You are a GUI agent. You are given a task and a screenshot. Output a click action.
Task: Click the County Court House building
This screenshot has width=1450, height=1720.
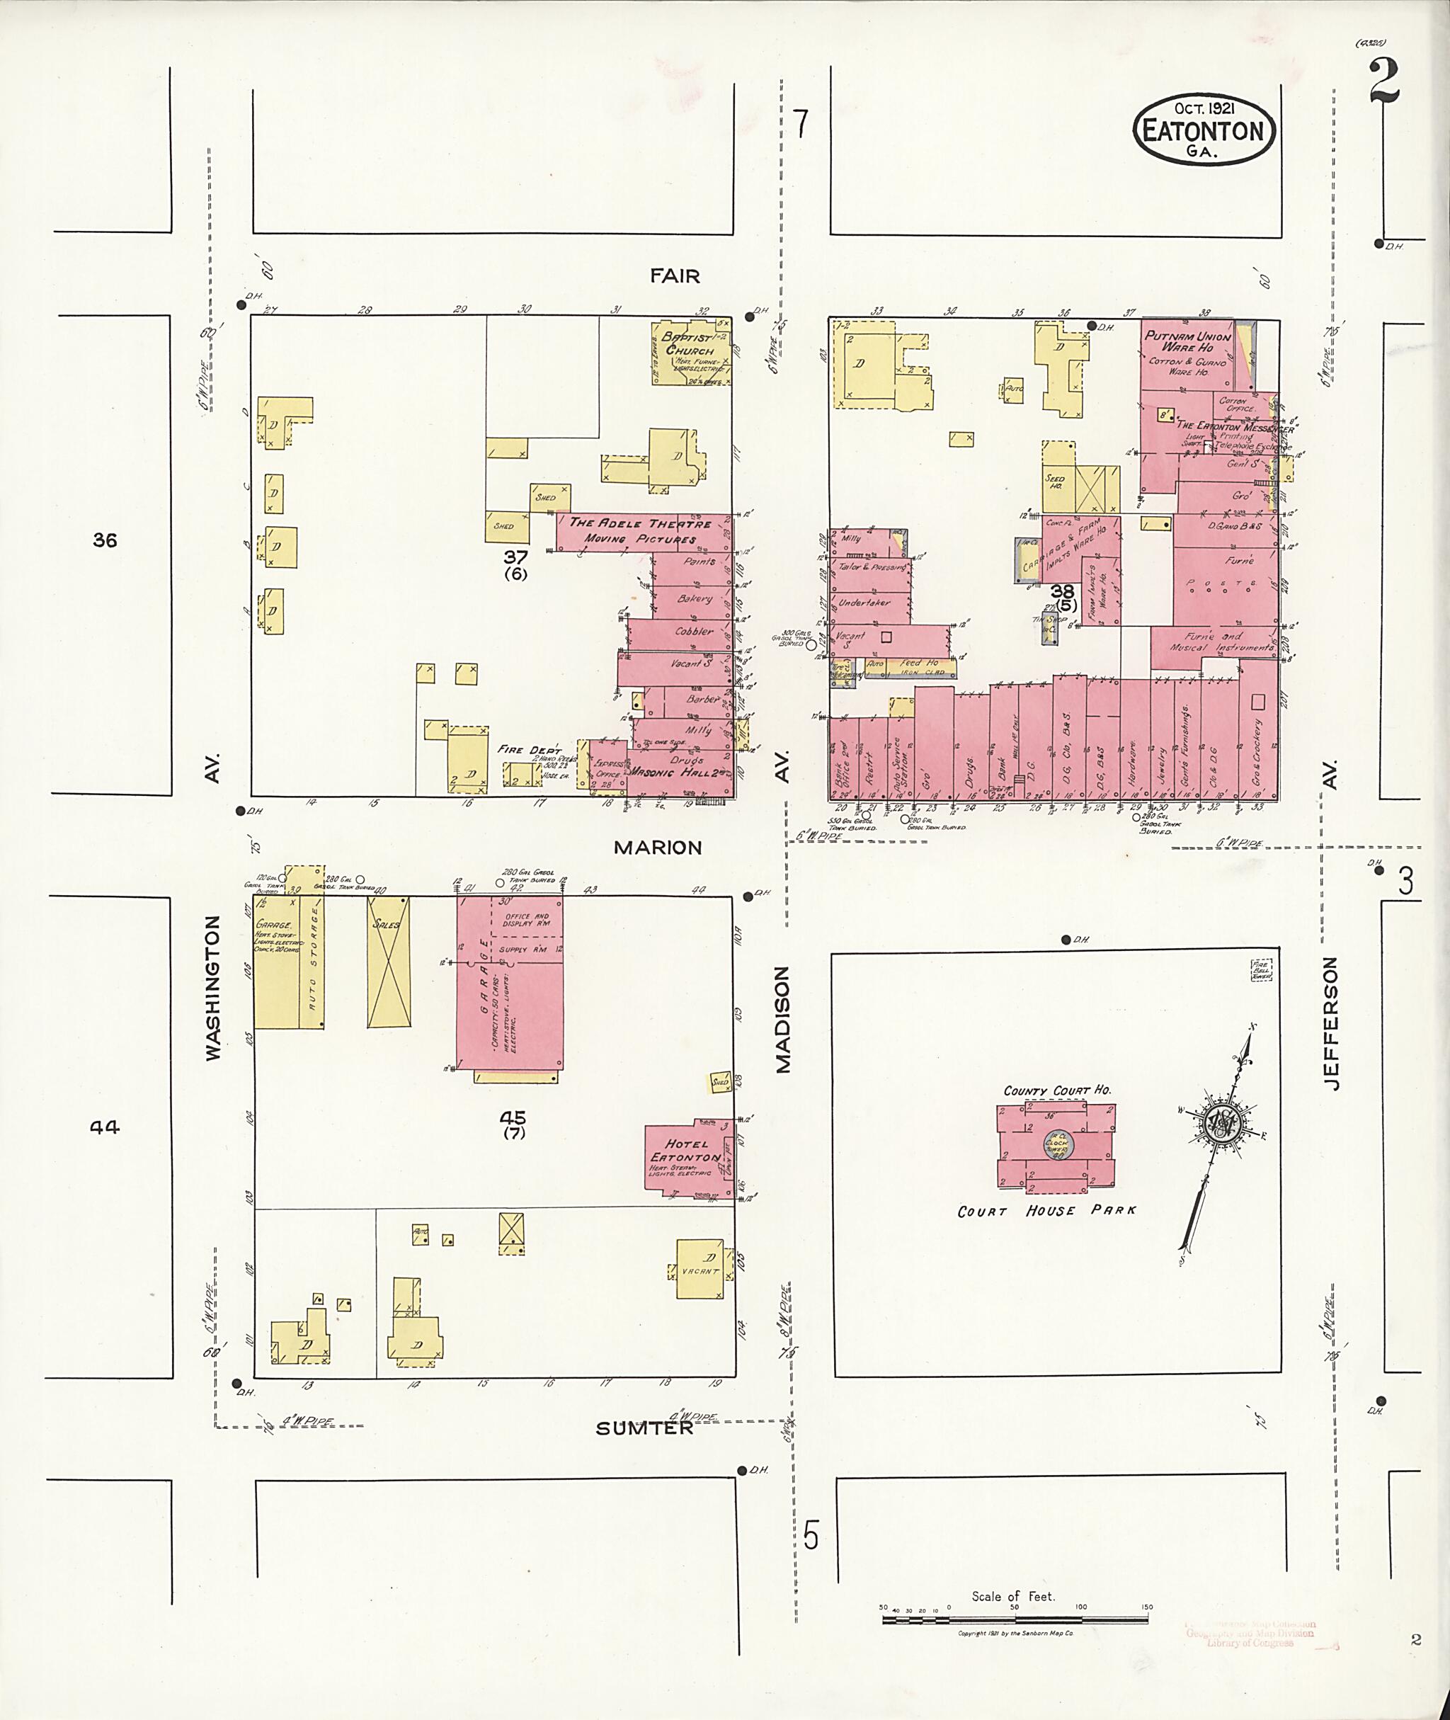1056,1143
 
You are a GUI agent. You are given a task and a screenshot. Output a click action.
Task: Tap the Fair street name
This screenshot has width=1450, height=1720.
674,276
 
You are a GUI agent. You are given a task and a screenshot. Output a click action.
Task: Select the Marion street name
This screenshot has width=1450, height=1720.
657,847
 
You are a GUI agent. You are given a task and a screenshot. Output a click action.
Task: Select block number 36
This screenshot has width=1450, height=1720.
105,540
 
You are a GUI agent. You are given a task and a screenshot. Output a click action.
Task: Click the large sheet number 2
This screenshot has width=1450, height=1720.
1384,85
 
